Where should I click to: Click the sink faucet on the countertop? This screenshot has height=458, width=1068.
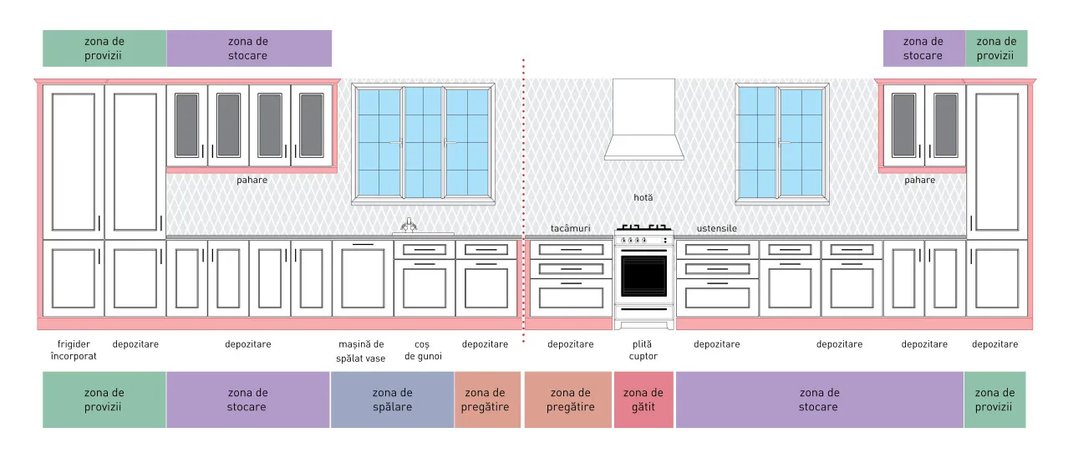click(x=409, y=226)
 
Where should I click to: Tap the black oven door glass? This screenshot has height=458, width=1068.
click(x=643, y=276)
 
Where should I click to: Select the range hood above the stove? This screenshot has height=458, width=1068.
click(x=643, y=120)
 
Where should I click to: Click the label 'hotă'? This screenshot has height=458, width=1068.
click(x=643, y=197)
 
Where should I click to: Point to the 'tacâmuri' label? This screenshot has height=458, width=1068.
click(x=570, y=228)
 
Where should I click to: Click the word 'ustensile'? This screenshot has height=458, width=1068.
click(x=717, y=228)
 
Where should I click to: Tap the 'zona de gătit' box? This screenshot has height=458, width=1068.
click(x=643, y=399)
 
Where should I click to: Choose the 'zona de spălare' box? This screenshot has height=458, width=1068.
click(x=392, y=399)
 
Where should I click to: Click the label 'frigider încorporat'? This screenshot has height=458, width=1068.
click(x=74, y=350)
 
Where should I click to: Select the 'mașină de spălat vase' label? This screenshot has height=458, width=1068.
click(x=361, y=351)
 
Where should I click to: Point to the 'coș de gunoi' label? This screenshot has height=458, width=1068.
click(x=423, y=350)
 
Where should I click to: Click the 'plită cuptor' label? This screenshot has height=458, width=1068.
click(x=643, y=350)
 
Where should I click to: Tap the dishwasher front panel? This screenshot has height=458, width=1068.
click(x=364, y=279)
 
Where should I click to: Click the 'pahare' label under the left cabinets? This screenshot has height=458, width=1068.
click(x=252, y=181)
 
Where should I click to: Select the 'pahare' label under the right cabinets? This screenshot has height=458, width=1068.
click(x=920, y=181)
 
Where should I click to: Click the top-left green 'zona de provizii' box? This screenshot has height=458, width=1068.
click(x=104, y=48)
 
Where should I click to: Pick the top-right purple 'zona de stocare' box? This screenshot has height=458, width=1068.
click(x=924, y=48)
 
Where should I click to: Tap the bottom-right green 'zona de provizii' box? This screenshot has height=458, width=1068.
click(x=994, y=399)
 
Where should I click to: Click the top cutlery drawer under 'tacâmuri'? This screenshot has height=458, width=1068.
click(x=571, y=249)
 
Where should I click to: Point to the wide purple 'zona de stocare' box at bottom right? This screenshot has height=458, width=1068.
click(x=819, y=399)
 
